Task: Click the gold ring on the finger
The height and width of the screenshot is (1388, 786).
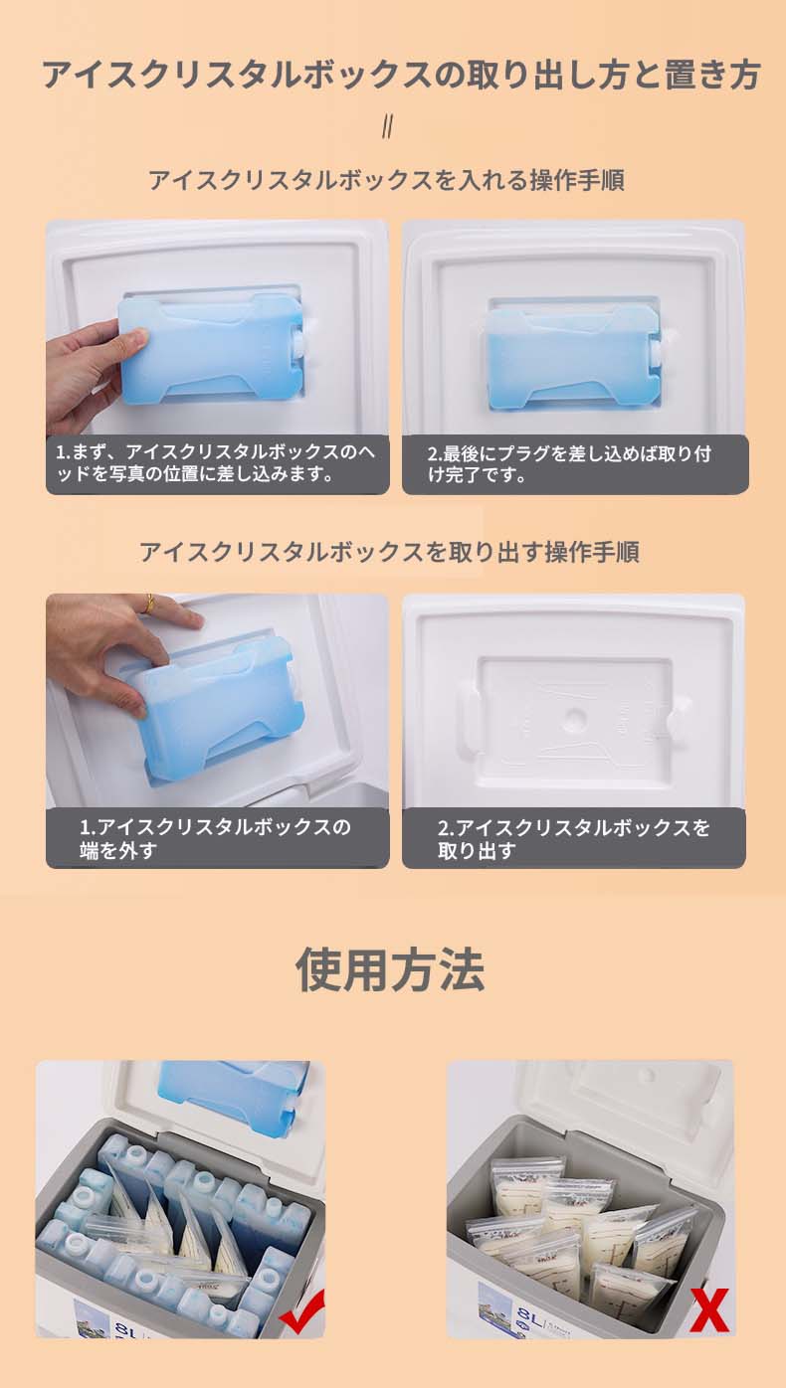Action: click(149, 603)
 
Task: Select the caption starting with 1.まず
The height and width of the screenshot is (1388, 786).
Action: click(216, 463)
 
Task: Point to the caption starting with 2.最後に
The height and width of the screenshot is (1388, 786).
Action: click(569, 464)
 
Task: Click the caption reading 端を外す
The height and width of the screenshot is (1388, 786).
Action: click(117, 851)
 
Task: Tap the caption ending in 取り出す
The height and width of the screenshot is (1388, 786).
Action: click(573, 839)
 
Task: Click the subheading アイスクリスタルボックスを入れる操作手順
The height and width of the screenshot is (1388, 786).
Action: click(386, 180)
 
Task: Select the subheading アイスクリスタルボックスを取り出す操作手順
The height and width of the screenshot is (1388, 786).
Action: click(389, 552)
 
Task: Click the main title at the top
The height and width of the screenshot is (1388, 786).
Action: click(401, 76)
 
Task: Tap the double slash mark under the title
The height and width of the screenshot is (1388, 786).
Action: click(388, 127)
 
